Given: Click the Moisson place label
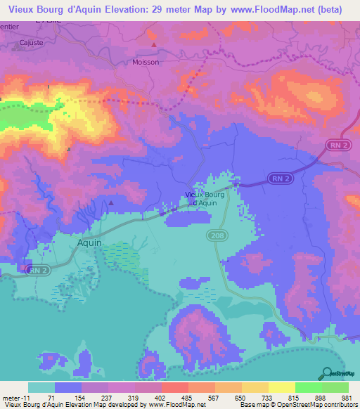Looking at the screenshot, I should (x=146, y=62).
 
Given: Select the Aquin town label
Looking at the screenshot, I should (x=89, y=242).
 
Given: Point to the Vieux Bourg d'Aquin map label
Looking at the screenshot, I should (x=205, y=199).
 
